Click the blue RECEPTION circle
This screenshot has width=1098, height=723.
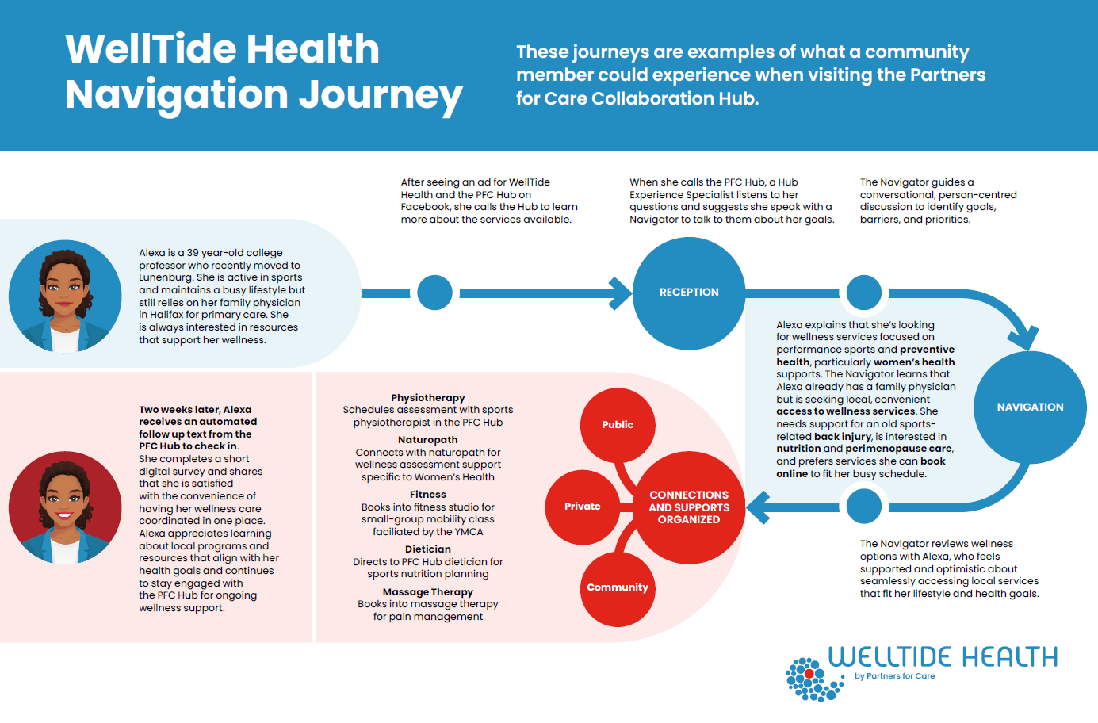coord(689,293)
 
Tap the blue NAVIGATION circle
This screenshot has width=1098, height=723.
coord(1030,407)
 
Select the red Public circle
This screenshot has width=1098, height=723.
coord(618,425)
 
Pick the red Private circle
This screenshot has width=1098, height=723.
coord(583,507)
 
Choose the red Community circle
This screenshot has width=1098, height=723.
coord(618,587)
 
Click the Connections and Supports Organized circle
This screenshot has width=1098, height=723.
coord(689,507)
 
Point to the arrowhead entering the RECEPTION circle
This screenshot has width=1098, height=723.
coord(621,293)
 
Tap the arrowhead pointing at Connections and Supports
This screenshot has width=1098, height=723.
coord(758,507)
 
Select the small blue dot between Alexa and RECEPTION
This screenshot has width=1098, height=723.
coord(434,293)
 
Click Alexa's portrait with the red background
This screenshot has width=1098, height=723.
coord(65,507)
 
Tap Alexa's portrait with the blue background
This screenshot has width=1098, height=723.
coord(65,296)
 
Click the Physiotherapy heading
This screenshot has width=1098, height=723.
coord(428,398)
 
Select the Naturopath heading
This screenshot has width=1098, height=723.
coord(428,440)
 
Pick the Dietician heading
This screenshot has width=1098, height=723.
coord(428,549)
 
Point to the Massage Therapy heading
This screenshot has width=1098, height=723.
coord(428,592)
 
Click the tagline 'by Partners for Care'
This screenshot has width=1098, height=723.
coord(894,676)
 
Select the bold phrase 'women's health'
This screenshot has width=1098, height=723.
coord(914,362)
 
